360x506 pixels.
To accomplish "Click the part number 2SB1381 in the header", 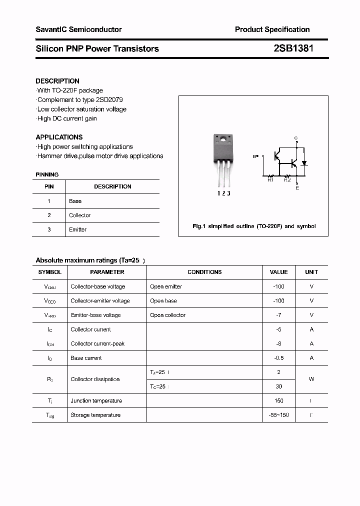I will point(293,48).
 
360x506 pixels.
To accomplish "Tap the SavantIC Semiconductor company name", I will point(78,29).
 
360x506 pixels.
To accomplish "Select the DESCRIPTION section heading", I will point(57,81).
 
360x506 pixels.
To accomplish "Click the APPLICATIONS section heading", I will point(59,137).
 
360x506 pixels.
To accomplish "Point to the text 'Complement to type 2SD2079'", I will point(80,99).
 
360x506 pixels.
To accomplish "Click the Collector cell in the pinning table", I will point(80,215).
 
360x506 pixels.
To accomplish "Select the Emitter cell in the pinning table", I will point(78,229).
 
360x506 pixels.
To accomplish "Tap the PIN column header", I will point(49,186).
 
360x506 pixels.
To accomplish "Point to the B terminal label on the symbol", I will point(253,156).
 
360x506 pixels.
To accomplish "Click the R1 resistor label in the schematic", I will point(270,180).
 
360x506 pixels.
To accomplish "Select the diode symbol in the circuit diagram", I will point(304,163).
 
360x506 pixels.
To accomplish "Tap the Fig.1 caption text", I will point(254,226).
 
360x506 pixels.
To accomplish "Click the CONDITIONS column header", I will point(204,272).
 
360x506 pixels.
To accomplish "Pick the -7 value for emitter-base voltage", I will point(278,315).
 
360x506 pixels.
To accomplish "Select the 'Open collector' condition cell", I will point(168,315).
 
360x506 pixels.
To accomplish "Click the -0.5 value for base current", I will point(278,358).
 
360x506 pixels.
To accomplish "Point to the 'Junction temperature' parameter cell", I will point(96,400).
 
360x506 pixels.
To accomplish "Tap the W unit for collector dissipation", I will point(311,379).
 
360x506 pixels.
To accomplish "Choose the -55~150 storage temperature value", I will point(278,415).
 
